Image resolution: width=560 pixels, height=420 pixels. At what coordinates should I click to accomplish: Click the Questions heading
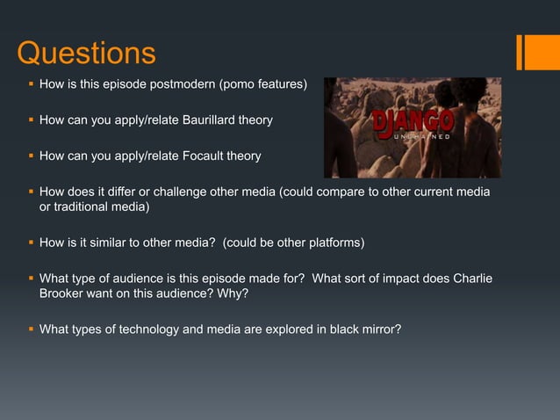pyautogui.click(x=86, y=54)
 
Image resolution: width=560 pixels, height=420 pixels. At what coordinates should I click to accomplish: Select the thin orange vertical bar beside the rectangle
pyautogui.click(x=520, y=51)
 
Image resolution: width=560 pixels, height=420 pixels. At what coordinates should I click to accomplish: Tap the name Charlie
pyautogui.click(x=470, y=279)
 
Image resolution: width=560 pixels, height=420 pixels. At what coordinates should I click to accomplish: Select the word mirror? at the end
pyautogui.click(x=379, y=329)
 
